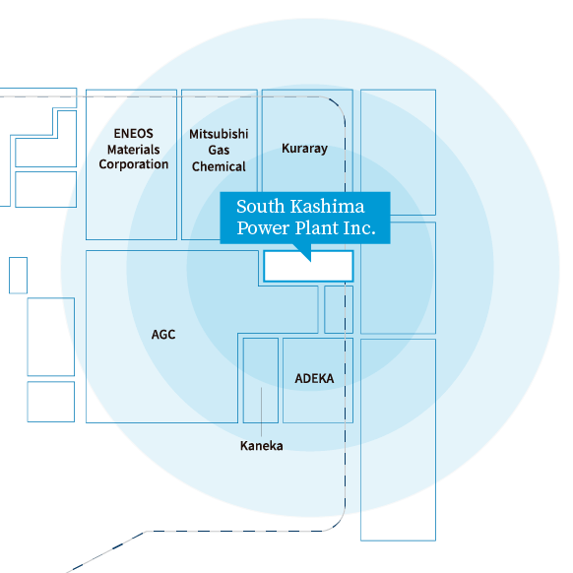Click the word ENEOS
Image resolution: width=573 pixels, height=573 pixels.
(133, 133)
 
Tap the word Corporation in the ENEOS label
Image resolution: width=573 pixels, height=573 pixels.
(133, 164)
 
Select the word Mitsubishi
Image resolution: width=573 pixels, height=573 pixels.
(219, 134)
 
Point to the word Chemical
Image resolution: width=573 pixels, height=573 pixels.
(219, 166)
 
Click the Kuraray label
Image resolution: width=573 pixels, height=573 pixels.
(305, 149)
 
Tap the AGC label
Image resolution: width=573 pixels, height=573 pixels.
(163, 335)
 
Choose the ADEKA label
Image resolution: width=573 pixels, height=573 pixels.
(314, 379)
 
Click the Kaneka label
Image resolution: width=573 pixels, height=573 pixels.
(261, 446)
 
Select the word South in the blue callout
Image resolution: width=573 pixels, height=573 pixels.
(260, 207)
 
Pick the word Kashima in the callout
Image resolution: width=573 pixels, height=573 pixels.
(328, 207)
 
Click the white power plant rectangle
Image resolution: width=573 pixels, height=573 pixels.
(308, 266)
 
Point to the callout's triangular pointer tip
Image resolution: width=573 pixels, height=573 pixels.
(310, 261)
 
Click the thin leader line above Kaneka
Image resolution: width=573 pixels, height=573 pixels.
(261, 412)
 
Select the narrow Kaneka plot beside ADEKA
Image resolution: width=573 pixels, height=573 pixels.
(261, 380)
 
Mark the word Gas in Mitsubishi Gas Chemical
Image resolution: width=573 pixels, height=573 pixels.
(219, 151)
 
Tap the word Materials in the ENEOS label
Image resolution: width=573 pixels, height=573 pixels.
(133, 150)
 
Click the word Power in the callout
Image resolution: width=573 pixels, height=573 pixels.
(263, 228)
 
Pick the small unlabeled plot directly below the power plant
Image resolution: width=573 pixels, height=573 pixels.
(339, 309)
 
